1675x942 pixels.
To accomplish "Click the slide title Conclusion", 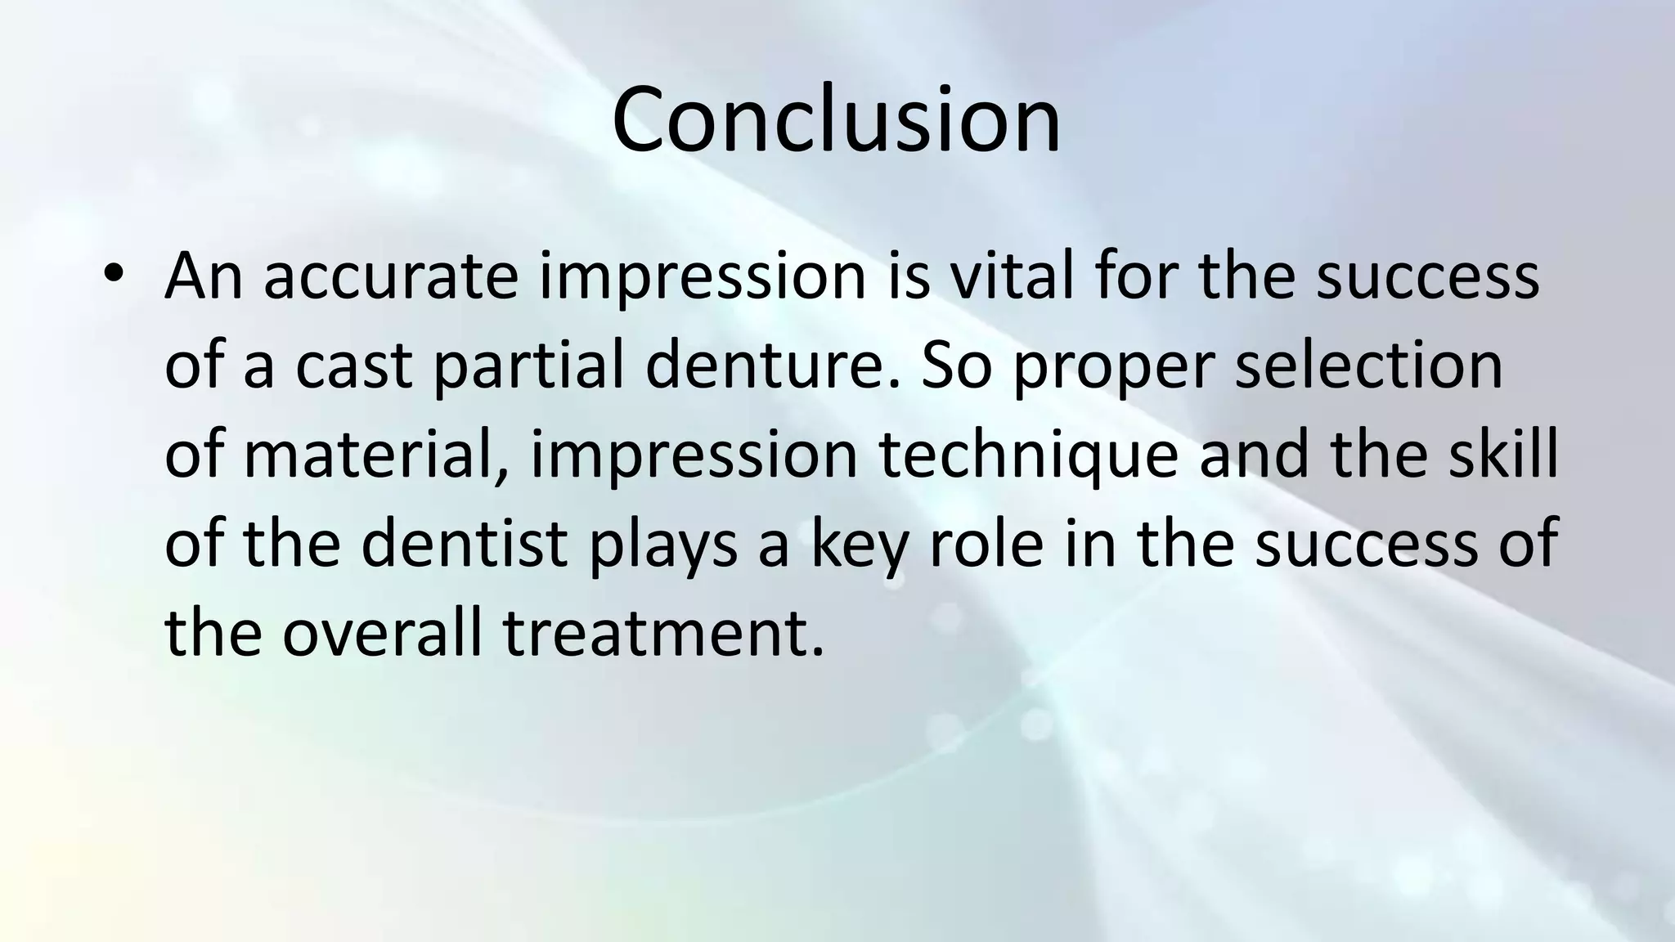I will coord(836,119).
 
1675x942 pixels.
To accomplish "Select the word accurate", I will coord(391,277).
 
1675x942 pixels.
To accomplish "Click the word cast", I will coord(353,366).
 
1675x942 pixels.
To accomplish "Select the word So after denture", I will coord(957,366).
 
